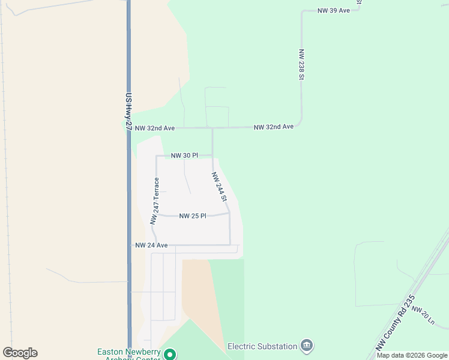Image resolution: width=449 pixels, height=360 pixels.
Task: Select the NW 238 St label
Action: [x=301, y=65]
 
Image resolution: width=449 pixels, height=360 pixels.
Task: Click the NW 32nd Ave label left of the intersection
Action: [x=154, y=128]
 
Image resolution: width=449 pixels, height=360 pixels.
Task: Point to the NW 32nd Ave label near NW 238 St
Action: [x=273, y=127]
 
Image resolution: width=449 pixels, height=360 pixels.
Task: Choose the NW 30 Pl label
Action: [x=184, y=155]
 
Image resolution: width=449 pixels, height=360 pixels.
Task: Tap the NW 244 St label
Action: [x=219, y=187]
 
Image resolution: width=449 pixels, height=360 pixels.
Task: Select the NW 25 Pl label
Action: [x=193, y=216]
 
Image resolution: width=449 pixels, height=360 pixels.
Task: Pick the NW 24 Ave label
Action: [x=151, y=245]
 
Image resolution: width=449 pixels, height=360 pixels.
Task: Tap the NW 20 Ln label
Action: [x=423, y=315]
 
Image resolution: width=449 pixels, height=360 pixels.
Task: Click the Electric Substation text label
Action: [x=262, y=346]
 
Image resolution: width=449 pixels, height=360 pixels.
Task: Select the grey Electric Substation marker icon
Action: [x=307, y=346]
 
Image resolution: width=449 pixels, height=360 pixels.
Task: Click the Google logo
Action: [x=20, y=353]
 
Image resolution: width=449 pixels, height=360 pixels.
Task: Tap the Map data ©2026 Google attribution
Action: [x=412, y=355]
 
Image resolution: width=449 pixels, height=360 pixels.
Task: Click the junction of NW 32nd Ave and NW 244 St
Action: [x=212, y=128]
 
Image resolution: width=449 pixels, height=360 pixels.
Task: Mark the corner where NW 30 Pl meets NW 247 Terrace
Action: [x=157, y=156]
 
